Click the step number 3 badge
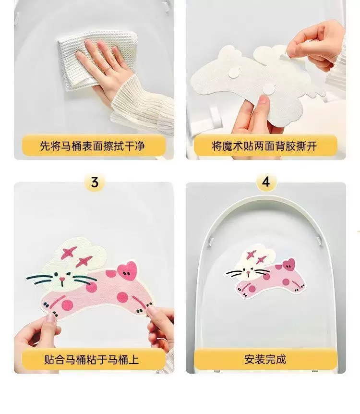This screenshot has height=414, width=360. click(x=95, y=183)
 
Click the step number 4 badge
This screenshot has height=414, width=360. click(x=266, y=182)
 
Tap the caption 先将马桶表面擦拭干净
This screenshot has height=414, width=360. click(x=92, y=146)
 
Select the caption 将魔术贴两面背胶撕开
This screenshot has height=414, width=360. click(x=264, y=146)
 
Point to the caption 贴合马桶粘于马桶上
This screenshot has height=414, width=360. click(x=91, y=360)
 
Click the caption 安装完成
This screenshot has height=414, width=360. click(x=265, y=359)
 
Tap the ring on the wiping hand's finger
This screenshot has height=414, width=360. click(x=108, y=69)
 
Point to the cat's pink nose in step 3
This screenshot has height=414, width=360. click(x=62, y=279)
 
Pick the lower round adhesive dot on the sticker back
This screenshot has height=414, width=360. click(x=269, y=89)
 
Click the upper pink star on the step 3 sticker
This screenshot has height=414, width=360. click(x=69, y=253)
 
